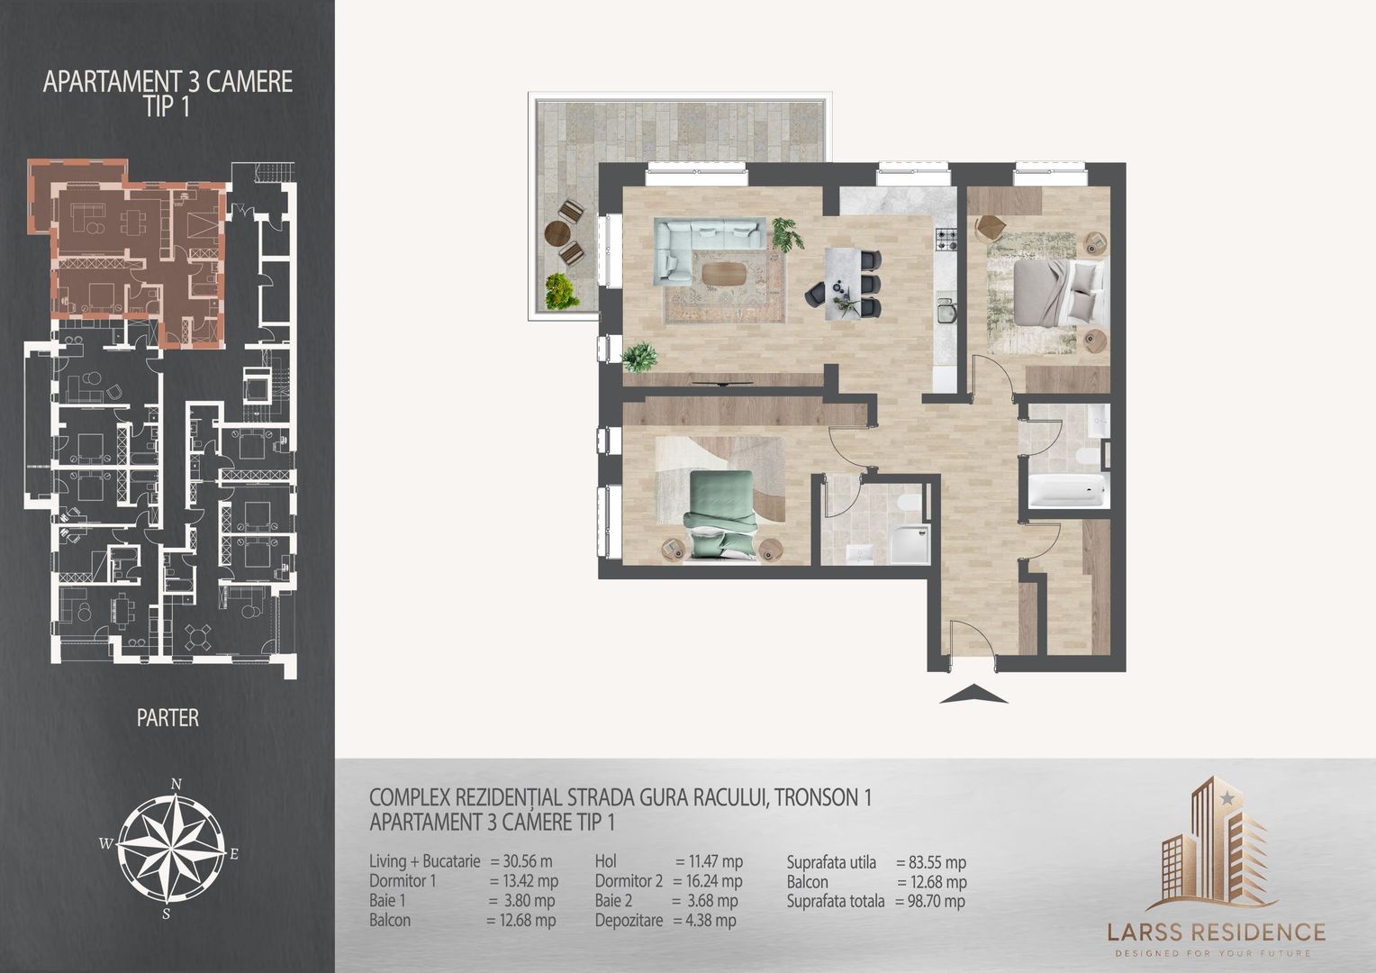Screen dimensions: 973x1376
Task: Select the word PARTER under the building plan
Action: (x=167, y=718)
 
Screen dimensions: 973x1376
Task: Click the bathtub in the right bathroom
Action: (x=1065, y=492)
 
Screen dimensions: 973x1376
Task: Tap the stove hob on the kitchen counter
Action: (x=946, y=239)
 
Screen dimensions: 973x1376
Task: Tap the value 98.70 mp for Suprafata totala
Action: (x=930, y=901)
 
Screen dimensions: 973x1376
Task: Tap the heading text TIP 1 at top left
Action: (x=167, y=105)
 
